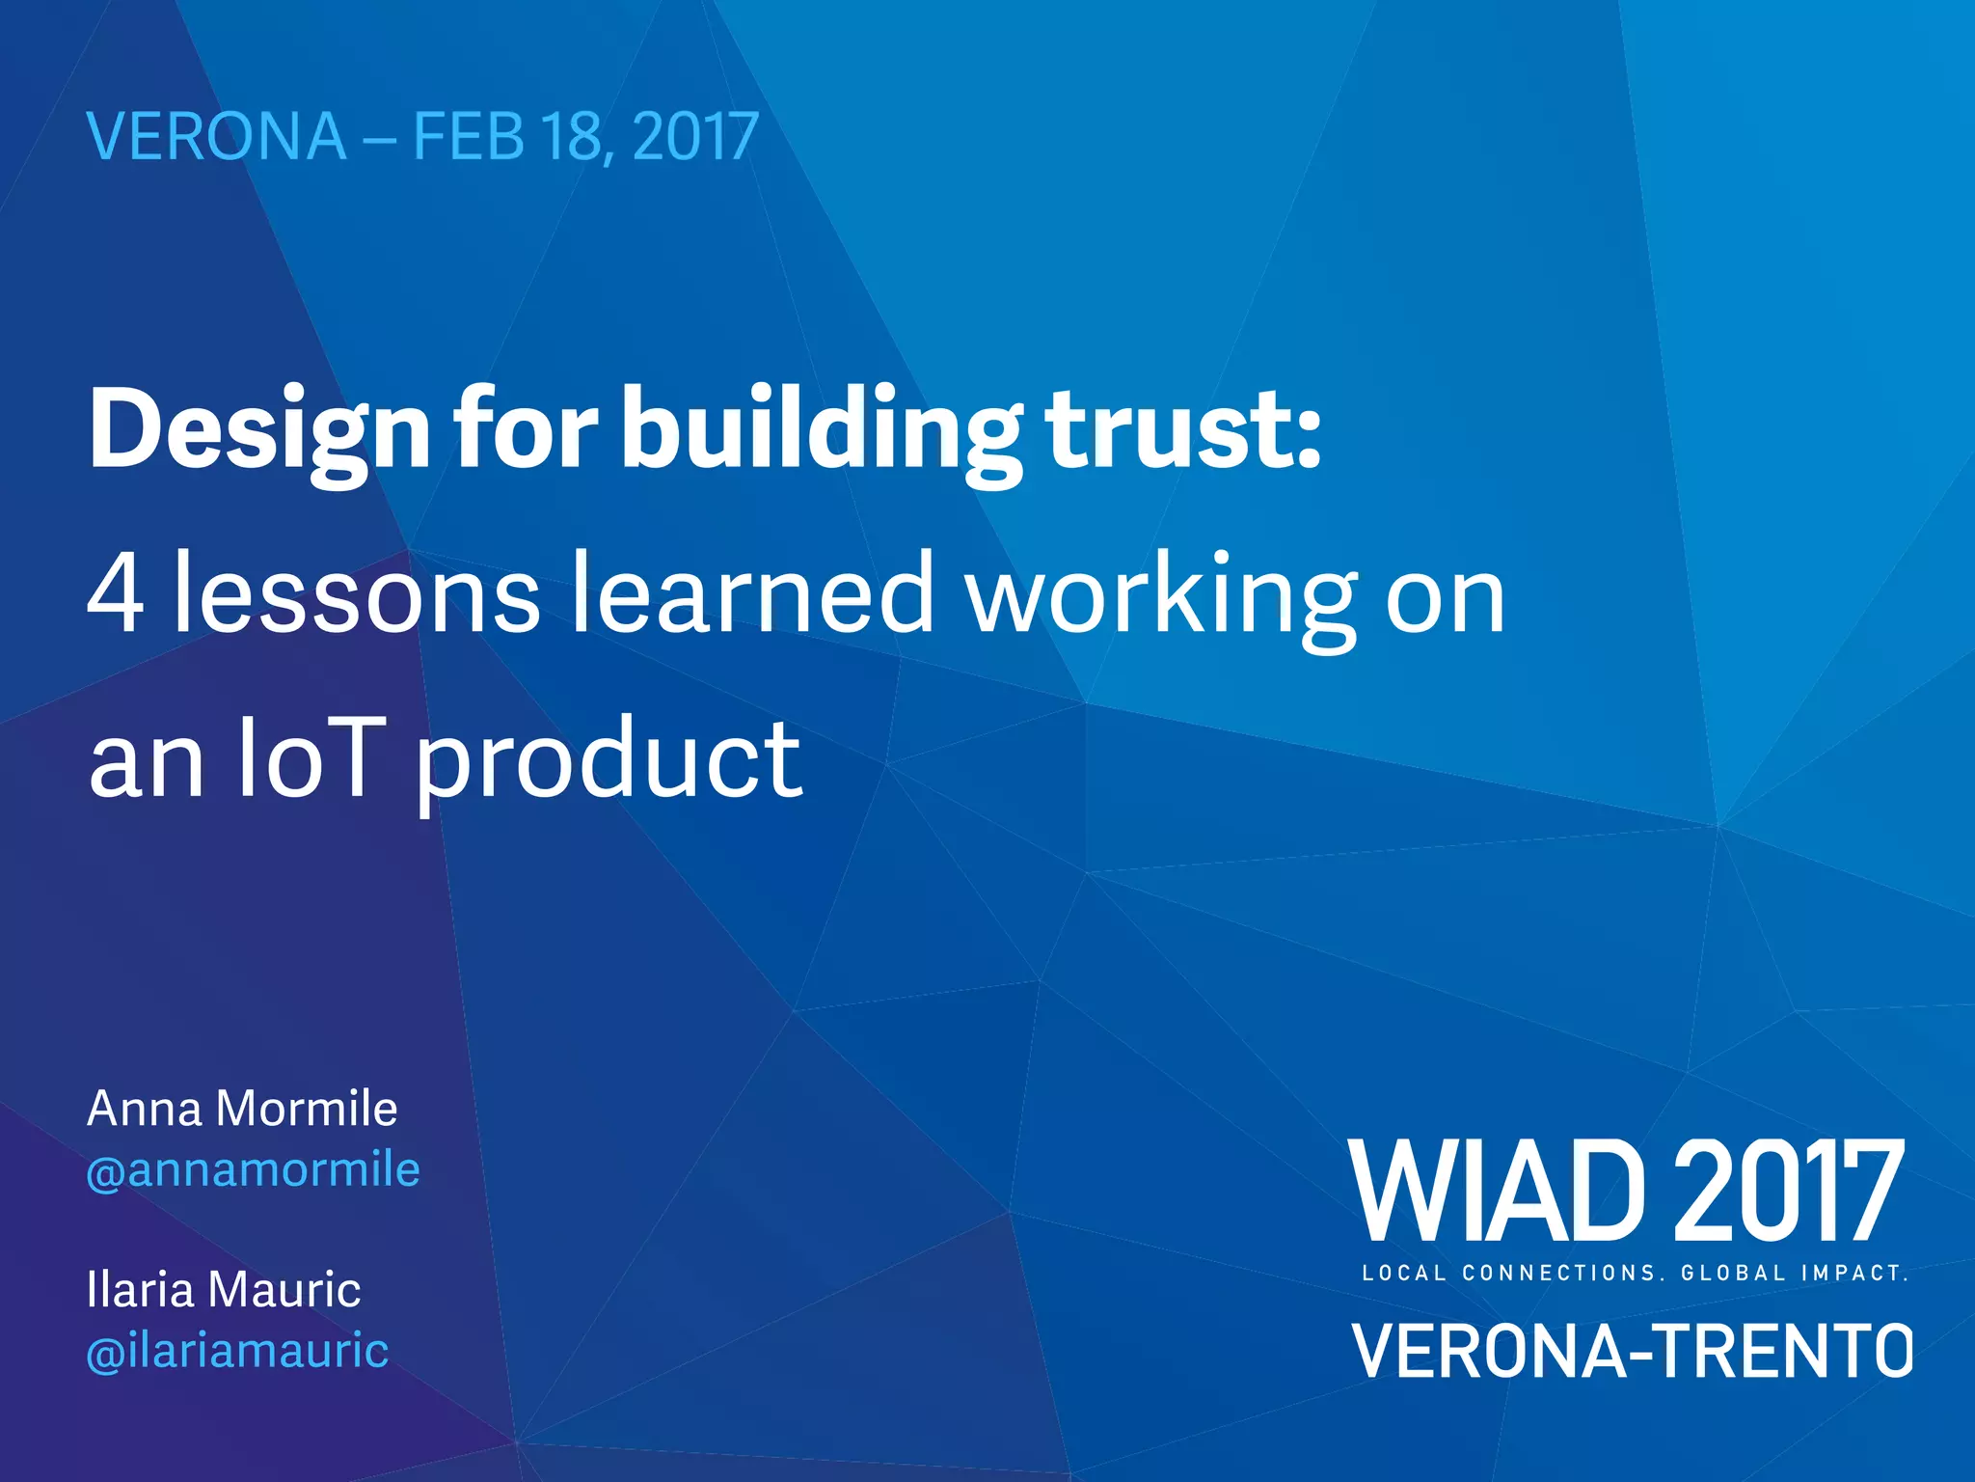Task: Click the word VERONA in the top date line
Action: [x=217, y=137]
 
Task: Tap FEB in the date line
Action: [x=469, y=137]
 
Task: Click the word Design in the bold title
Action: [x=259, y=429]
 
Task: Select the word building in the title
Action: [x=821, y=429]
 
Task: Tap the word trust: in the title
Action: [x=1185, y=429]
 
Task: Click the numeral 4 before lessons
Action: [x=116, y=594]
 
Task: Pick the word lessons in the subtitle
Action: [x=356, y=594]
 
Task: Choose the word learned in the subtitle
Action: [x=752, y=594]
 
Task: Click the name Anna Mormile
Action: [x=242, y=1109]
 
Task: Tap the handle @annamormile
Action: [x=253, y=1170]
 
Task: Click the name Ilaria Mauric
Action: [x=224, y=1290]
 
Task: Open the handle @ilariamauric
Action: [x=237, y=1351]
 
